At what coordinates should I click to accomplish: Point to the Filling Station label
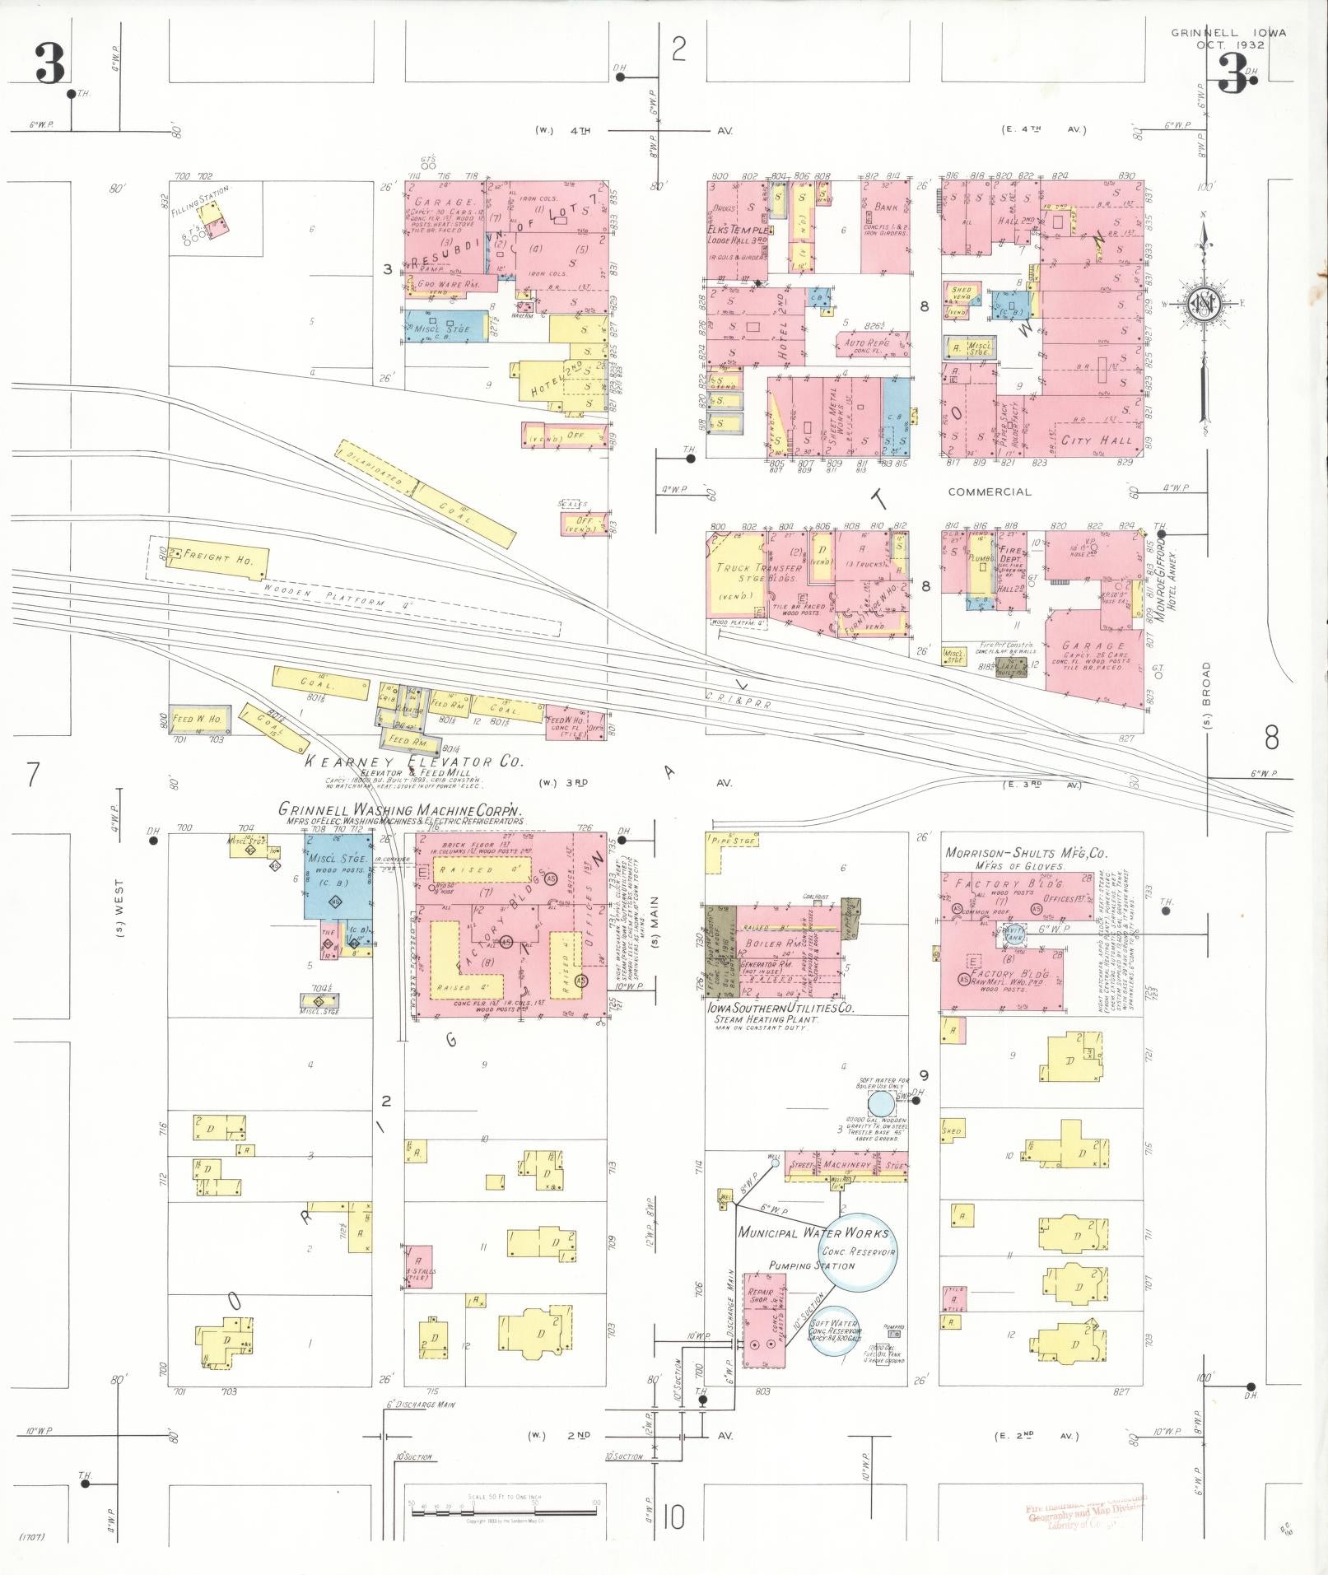(x=200, y=201)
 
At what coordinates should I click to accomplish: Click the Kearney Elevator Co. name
(x=413, y=762)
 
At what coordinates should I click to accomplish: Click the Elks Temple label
(x=739, y=231)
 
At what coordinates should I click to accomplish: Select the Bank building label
(x=886, y=207)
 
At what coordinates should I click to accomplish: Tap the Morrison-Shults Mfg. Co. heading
(x=1025, y=853)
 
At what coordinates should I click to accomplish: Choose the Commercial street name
(x=989, y=492)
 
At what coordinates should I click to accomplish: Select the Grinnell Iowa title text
(x=1228, y=34)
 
